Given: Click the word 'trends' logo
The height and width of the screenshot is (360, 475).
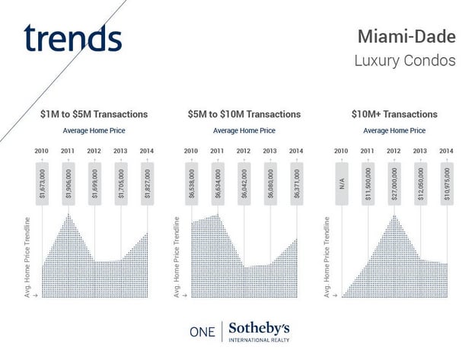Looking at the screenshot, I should (x=72, y=38).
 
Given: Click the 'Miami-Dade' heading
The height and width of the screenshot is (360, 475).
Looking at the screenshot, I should (x=406, y=37).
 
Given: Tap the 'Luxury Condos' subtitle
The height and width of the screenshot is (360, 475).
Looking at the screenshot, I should (x=405, y=60).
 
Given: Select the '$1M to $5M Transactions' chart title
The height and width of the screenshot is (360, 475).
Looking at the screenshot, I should (x=94, y=114).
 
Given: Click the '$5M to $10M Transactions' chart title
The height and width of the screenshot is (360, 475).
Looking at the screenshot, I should (x=244, y=114).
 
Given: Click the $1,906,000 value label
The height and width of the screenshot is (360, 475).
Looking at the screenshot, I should (x=69, y=183).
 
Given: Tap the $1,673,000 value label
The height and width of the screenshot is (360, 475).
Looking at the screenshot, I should (x=43, y=183).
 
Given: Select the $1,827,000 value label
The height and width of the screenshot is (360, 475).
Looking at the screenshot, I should (x=146, y=183).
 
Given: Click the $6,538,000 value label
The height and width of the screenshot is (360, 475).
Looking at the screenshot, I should (x=192, y=183).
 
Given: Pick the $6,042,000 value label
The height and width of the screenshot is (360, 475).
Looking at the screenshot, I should (x=244, y=183).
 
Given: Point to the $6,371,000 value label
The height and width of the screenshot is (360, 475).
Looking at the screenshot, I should (x=295, y=183).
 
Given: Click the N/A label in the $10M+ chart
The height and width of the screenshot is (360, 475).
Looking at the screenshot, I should (x=342, y=183).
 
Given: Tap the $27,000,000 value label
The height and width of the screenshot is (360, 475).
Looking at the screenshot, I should (x=394, y=183).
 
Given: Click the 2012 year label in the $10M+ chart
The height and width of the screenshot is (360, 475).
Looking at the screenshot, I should (x=394, y=151).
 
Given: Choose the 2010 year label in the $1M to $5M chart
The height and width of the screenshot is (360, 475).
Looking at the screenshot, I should (x=43, y=151).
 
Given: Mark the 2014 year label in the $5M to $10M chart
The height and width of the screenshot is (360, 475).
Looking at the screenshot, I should (x=295, y=151).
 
